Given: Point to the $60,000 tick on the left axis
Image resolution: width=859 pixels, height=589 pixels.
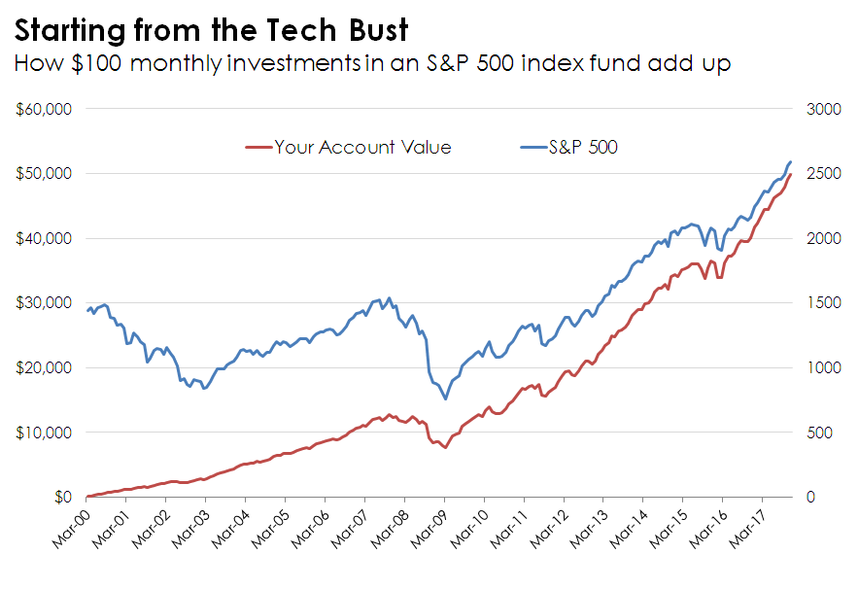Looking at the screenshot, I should [45, 109].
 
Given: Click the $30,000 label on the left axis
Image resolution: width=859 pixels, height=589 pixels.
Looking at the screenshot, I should [45, 302].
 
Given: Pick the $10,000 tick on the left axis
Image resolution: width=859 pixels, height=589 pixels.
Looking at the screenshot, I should [45, 432].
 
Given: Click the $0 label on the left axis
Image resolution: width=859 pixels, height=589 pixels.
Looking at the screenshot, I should [60, 497].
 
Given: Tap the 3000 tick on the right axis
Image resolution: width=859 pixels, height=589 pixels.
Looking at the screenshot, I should [824, 109].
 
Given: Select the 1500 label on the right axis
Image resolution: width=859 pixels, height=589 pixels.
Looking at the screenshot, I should [824, 302].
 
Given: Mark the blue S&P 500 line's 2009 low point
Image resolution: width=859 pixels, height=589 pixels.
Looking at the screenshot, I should [445, 398].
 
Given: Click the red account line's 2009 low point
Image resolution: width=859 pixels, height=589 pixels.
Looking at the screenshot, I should [445, 447].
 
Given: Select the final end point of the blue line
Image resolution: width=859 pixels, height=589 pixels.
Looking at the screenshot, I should [791, 161].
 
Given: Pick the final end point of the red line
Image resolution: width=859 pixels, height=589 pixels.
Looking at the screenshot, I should [791, 174].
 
